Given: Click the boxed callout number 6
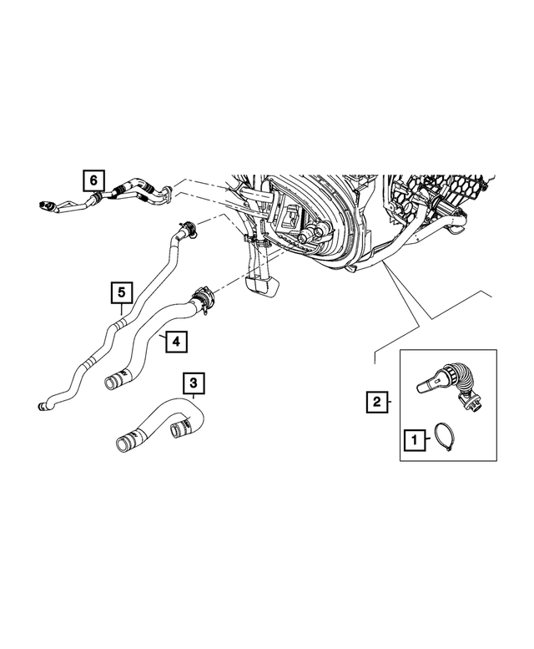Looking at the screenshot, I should point(93,180).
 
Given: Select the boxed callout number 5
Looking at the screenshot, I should point(122,292).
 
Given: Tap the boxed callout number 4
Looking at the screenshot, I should point(175,341).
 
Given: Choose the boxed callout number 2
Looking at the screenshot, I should point(377,403).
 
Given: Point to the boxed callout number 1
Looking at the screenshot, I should point(413,438).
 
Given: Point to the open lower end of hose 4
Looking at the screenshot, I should point(111,383).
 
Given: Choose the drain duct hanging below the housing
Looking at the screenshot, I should point(259,280).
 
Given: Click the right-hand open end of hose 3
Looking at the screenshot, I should point(179,429).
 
